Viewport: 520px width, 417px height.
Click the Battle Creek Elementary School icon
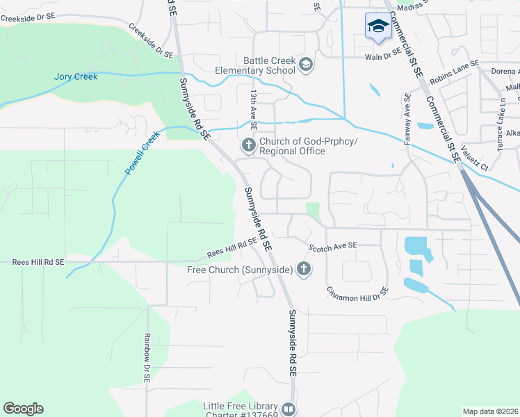(x=305, y=65)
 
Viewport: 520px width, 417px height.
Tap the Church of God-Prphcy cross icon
(x=248, y=145)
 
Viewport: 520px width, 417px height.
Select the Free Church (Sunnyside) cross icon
(x=302, y=268)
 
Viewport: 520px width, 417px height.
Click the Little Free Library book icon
(x=289, y=409)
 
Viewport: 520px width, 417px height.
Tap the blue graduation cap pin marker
(x=377, y=26)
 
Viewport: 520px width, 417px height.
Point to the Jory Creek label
(x=76, y=76)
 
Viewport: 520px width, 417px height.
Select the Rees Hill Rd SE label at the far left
(x=38, y=262)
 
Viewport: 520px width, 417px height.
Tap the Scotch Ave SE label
(x=332, y=246)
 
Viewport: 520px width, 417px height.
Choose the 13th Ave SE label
(x=254, y=108)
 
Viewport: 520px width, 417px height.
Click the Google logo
(x=23, y=409)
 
